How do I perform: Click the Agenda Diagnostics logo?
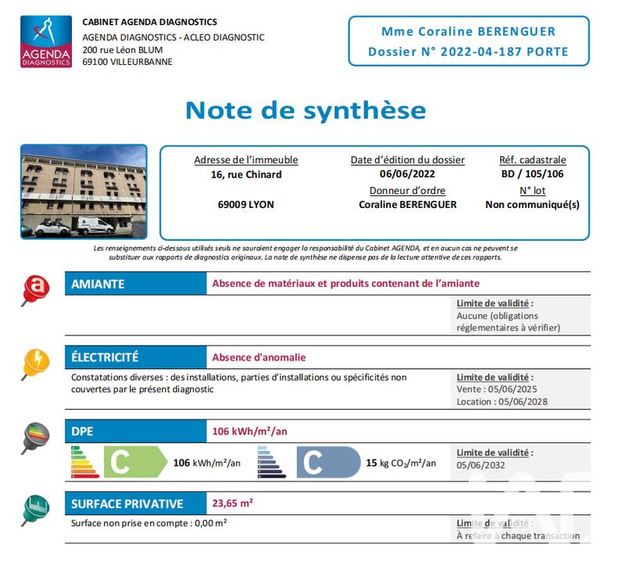(x=46, y=41)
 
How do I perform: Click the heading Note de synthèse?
(x=305, y=109)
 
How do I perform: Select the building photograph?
(x=84, y=192)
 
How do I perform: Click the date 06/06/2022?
(x=407, y=174)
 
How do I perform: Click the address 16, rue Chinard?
(x=245, y=174)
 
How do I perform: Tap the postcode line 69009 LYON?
(x=245, y=205)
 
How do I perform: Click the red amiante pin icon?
(x=34, y=288)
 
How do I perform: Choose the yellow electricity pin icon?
(x=35, y=361)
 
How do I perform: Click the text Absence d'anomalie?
(x=259, y=358)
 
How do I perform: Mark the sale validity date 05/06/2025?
(x=512, y=389)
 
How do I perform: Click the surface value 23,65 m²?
(x=232, y=503)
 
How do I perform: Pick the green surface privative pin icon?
(x=35, y=509)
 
